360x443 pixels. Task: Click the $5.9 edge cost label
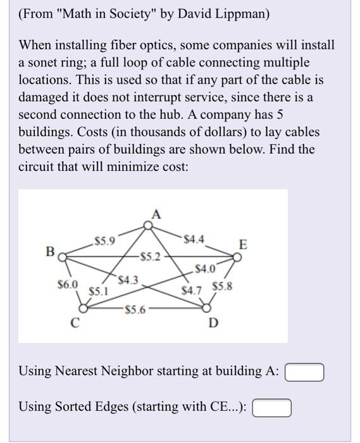pyautogui.click(x=104, y=240)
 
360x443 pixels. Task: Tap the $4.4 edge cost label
pyautogui.click(x=194, y=239)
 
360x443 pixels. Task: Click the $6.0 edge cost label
pyautogui.click(x=67, y=285)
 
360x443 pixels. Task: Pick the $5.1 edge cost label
pyautogui.click(x=98, y=292)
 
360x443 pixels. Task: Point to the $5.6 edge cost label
pyautogui.click(x=136, y=310)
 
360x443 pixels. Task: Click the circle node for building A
pyautogui.click(x=148, y=224)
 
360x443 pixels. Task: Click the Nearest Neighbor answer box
pyautogui.click(x=305, y=371)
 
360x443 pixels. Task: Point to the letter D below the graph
pyautogui.click(x=213, y=325)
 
